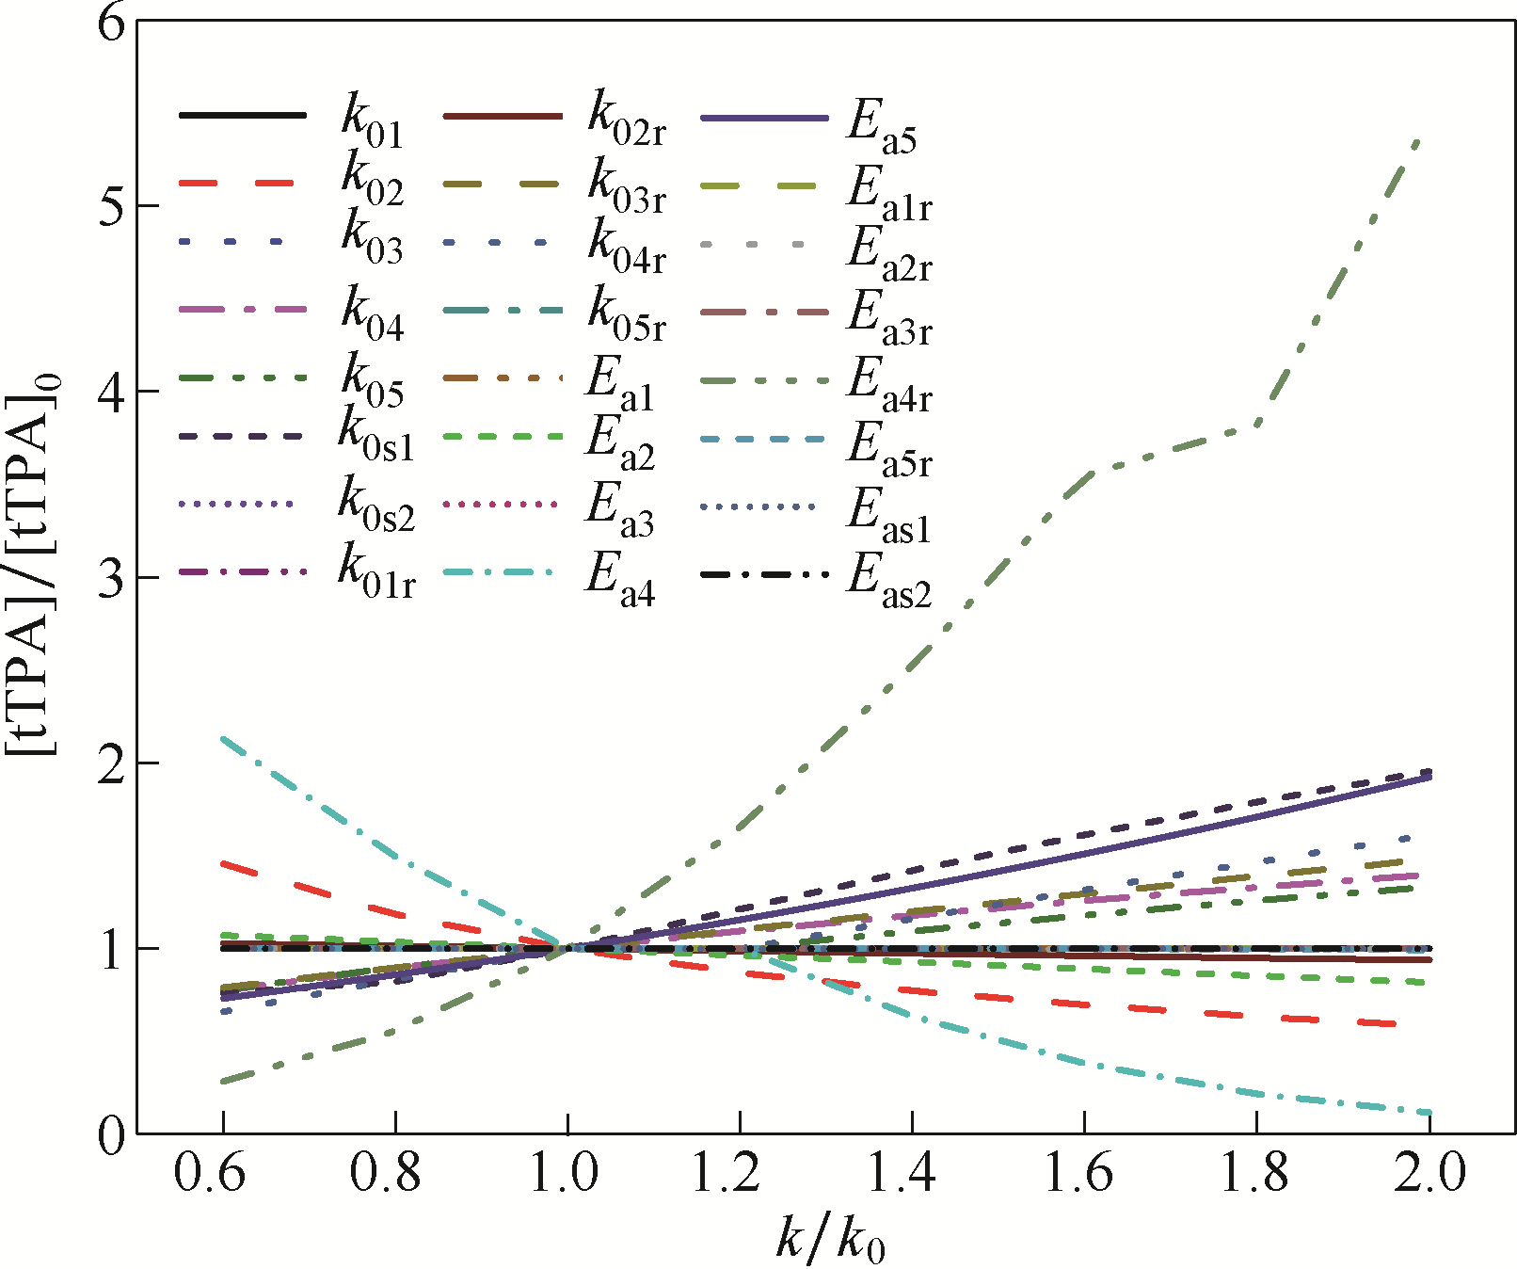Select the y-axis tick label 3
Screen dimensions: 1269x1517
click(110, 578)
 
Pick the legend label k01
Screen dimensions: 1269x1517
click(372, 122)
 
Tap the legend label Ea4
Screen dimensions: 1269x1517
click(619, 578)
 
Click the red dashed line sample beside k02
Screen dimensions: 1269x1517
click(242, 182)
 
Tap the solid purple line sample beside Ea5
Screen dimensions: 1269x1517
click(764, 119)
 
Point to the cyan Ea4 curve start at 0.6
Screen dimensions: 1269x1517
click(223, 739)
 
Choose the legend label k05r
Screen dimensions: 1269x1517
click(627, 315)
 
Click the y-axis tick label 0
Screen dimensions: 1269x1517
click(110, 1135)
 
